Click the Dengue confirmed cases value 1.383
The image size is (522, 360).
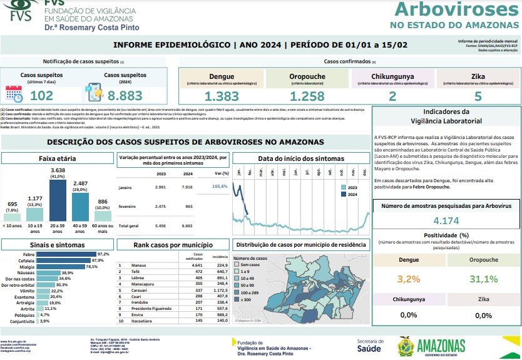(x=222, y=96)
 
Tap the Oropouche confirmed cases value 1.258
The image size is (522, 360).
(x=307, y=96)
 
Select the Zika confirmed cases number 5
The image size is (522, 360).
(x=478, y=96)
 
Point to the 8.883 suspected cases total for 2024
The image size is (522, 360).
(x=125, y=96)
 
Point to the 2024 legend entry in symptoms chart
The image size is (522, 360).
(x=352, y=194)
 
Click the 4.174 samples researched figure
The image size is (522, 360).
(x=447, y=220)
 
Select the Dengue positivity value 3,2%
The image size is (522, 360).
(x=409, y=279)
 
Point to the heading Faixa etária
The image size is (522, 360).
(x=58, y=159)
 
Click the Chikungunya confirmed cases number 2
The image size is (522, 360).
(x=392, y=96)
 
